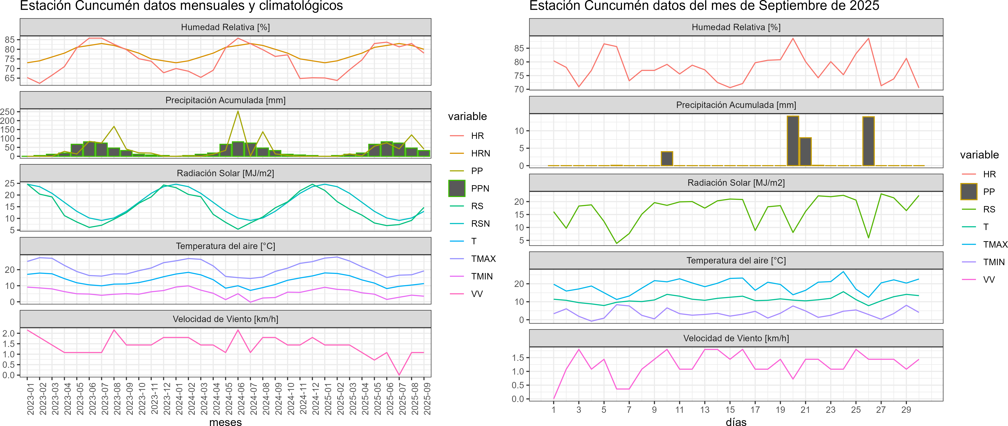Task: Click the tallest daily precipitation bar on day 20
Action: click(793, 141)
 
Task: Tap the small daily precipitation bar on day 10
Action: click(667, 159)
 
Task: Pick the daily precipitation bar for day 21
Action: click(805, 152)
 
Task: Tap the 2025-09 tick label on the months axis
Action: click(427, 399)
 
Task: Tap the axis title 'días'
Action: click(736, 422)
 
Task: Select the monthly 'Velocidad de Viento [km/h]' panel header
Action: click(225, 319)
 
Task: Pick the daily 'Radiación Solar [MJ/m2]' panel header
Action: click(736, 183)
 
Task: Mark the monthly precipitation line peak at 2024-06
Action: click(238, 112)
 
